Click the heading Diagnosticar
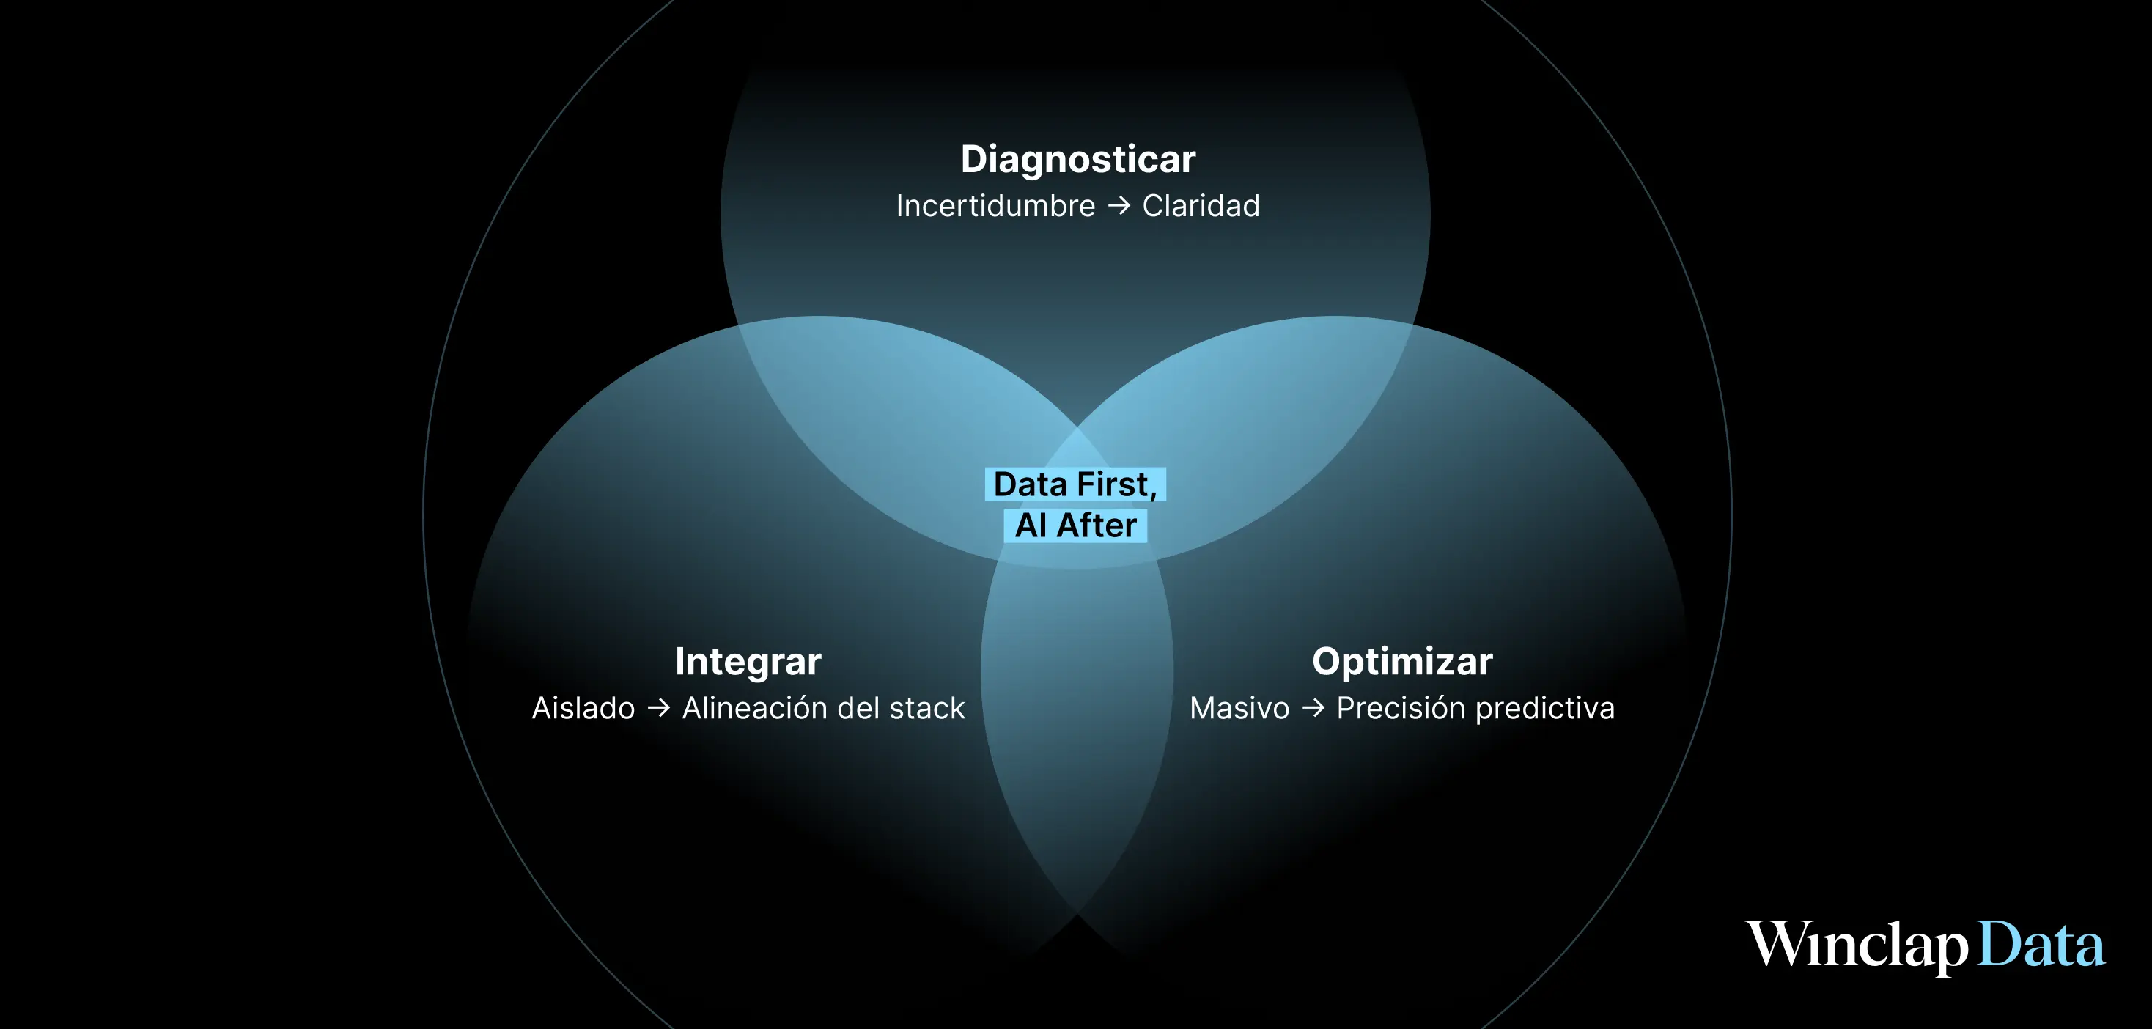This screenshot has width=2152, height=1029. click(1077, 160)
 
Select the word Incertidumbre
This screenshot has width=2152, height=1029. click(995, 206)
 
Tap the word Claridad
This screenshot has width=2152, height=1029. click(1201, 206)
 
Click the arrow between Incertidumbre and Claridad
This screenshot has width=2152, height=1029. click(1119, 206)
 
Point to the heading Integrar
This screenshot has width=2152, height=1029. click(748, 663)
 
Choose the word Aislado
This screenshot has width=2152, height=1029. click(583, 708)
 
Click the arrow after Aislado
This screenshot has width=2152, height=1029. click(658, 708)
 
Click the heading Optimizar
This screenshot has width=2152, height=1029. click(1402, 663)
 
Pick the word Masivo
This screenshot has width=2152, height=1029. click(1239, 708)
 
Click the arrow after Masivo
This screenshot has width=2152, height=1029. click(1313, 708)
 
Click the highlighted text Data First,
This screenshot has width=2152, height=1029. click(1075, 484)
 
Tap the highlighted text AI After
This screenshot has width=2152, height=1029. click(1075, 525)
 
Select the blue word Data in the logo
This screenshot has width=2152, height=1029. click(2041, 945)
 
